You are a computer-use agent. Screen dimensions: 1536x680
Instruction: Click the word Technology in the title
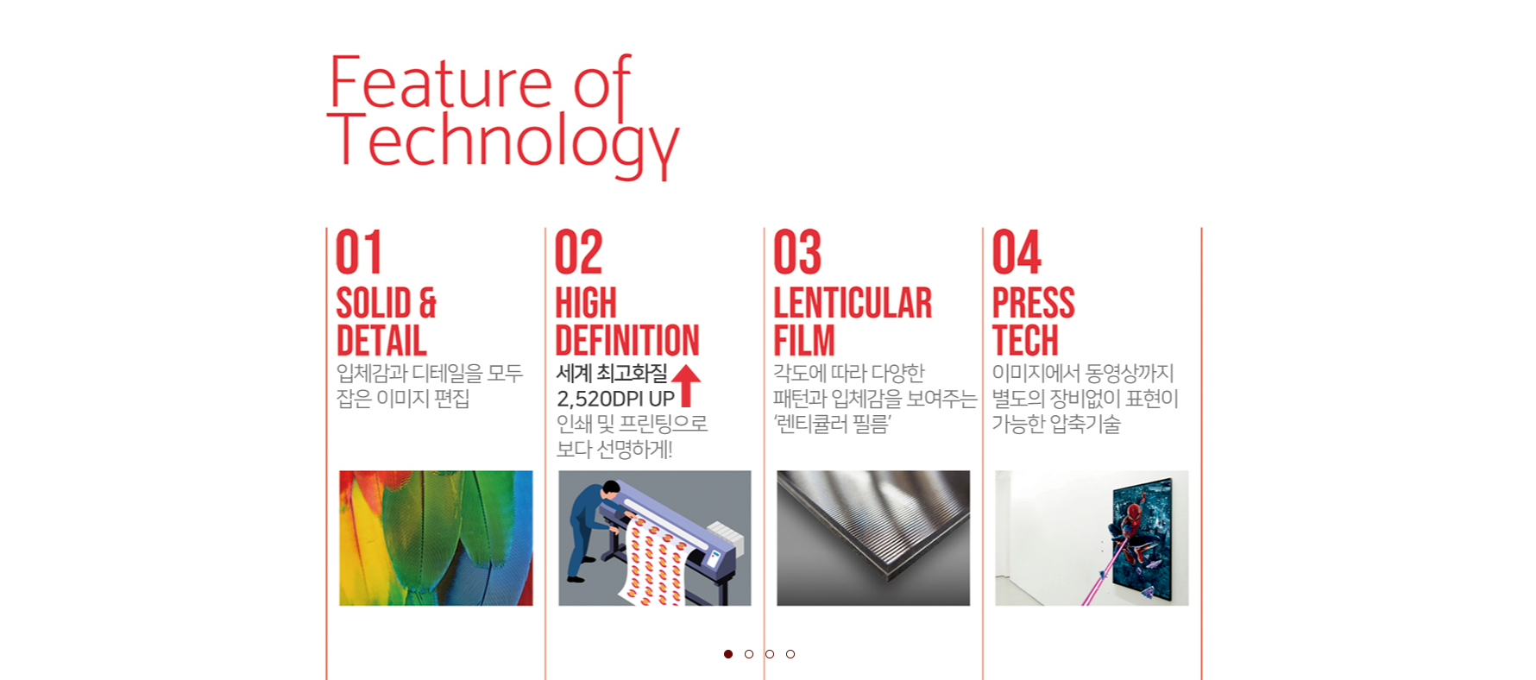pyautogui.click(x=503, y=143)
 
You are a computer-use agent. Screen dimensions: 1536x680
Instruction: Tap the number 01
pyautogui.click(x=358, y=252)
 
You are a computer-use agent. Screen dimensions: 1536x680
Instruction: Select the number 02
pyautogui.click(x=578, y=252)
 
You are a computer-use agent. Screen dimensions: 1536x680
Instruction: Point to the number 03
pyautogui.click(x=797, y=252)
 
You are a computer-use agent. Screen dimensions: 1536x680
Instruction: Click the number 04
pyautogui.click(x=1017, y=252)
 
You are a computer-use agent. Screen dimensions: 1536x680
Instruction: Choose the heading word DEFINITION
pyautogui.click(x=627, y=340)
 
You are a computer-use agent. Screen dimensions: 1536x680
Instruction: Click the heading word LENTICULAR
pyautogui.click(x=853, y=303)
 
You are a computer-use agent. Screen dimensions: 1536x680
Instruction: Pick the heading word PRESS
pyautogui.click(x=1033, y=303)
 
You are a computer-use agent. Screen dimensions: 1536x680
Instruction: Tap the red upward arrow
pyautogui.click(x=686, y=385)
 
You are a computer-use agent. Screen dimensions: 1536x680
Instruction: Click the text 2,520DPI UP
pyautogui.click(x=615, y=399)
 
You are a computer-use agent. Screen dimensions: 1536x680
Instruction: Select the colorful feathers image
pyautogui.click(x=436, y=538)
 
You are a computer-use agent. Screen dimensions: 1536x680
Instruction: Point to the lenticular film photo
pyautogui.click(x=873, y=538)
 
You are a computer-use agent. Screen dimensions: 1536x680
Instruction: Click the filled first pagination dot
pyautogui.click(x=728, y=654)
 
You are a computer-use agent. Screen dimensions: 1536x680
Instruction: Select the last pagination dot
pyautogui.click(x=790, y=654)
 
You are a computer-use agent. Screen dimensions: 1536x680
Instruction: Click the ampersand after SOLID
pyautogui.click(x=428, y=303)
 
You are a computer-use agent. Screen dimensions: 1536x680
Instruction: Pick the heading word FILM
pyautogui.click(x=804, y=340)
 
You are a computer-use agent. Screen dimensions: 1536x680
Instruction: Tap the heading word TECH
pyautogui.click(x=1025, y=340)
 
